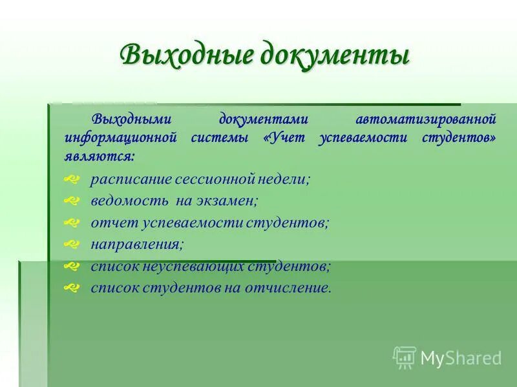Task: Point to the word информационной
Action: tap(120, 138)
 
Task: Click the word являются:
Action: tap(100, 156)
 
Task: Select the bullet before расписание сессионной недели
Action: tap(72, 179)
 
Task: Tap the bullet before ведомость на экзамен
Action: tap(72, 201)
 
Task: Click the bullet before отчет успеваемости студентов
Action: tap(72, 223)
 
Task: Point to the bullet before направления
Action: tap(72, 244)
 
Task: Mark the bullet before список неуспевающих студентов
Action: tap(72, 266)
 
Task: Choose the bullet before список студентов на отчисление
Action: tap(72, 288)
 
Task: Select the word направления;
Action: tap(137, 244)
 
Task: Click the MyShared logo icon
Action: tap(405, 357)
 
